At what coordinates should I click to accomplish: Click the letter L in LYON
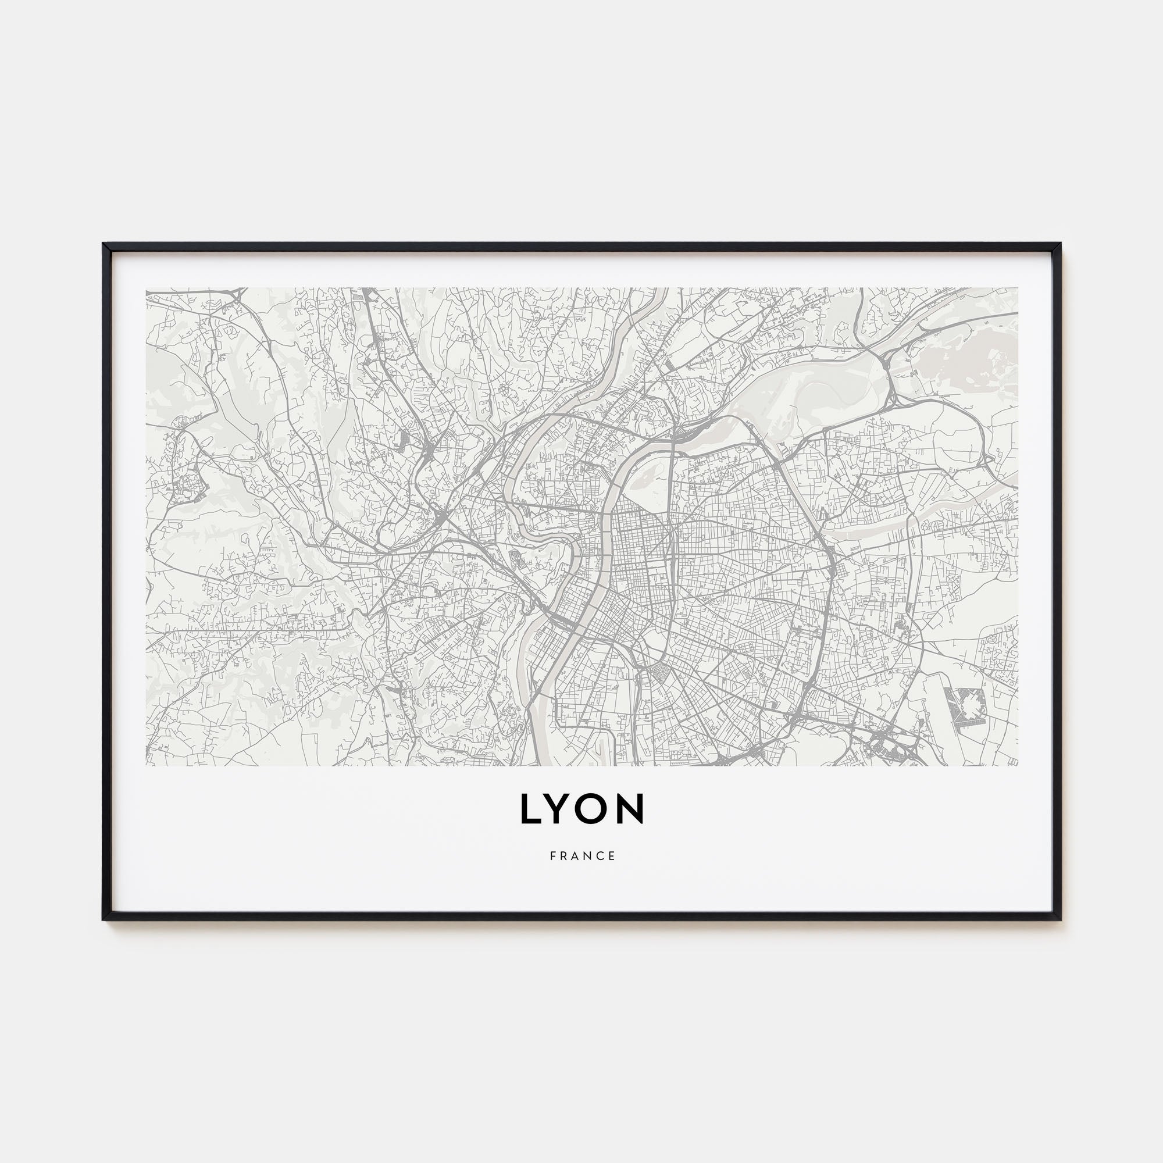point(530,809)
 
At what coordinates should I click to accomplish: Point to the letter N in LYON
point(632,809)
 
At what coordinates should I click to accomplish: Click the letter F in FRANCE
point(552,856)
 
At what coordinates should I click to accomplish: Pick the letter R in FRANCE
point(564,856)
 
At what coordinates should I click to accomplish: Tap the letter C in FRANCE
point(601,856)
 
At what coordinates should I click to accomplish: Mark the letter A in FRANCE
point(576,856)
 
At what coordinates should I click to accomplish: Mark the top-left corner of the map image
point(147,288)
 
